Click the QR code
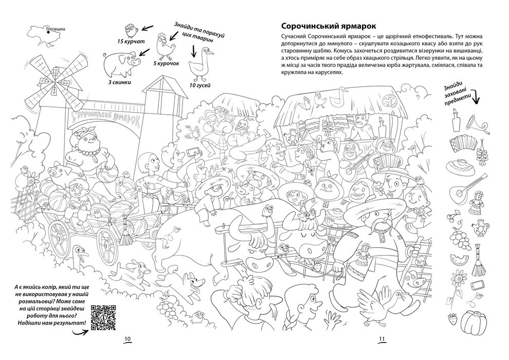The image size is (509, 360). [x=102, y=317]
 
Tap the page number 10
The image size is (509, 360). [x=128, y=338]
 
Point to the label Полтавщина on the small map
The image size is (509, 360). [x=56, y=29]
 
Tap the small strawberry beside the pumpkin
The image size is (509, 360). [x=453, y=320]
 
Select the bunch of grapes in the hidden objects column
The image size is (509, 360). [x=457, y=235]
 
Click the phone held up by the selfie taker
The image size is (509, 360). [x=193, y=152]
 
